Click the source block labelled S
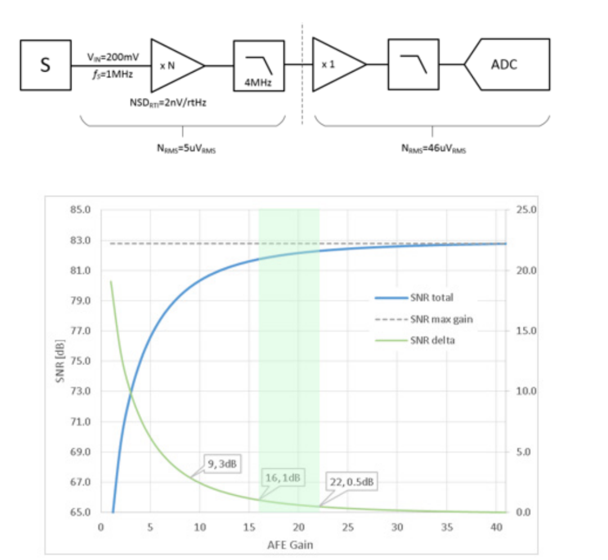click(45, 65)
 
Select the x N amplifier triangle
click(172, 65)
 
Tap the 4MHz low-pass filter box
click(259, 65)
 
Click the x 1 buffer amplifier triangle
click(334, 65)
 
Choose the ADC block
click(509, 64)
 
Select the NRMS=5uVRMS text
click(182, 149)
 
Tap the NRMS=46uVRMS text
click(432, 149)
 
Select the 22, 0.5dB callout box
click(351, 483)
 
